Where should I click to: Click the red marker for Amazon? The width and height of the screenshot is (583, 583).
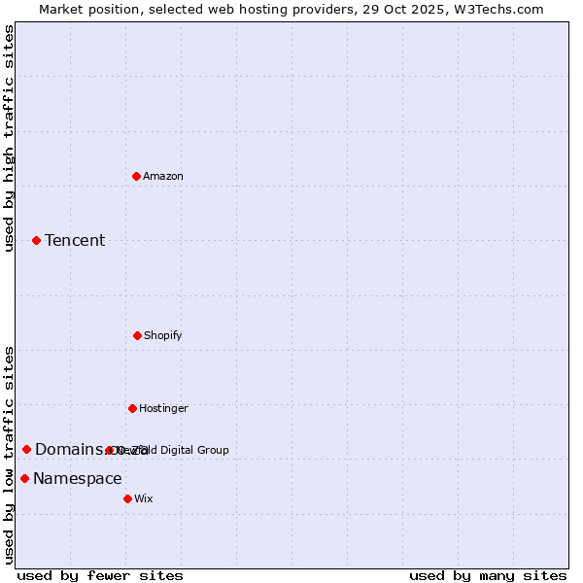(x=136, y=176)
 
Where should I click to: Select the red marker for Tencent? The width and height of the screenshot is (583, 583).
(x=36, y=240)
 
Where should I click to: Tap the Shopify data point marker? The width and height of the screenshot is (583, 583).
(x=137, y=335)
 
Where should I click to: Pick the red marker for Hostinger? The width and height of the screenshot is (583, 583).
(x=132, y=408)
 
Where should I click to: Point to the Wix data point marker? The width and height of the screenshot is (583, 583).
(x=127, y=498)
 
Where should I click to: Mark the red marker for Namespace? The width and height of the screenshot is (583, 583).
(x=24, y=478)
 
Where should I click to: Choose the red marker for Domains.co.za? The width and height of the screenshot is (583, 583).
(x=26, y=449)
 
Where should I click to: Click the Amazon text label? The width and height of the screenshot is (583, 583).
(x=163, y=176)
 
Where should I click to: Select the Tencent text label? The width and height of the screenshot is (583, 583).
(x=75, y=240)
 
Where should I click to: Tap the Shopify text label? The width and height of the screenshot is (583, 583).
(x=163, y=335)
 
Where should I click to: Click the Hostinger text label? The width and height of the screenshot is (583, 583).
(x=163, y=408)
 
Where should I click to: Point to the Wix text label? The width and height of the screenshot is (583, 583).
(x=144, y=498)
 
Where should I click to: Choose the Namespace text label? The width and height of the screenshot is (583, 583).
(x=78, y=478)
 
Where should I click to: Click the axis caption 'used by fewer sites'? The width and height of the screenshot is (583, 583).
(x=100, y=575)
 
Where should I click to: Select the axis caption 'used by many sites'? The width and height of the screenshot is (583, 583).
(x=488, y=575)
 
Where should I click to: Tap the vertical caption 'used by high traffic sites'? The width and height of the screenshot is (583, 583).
(x=9, y=138)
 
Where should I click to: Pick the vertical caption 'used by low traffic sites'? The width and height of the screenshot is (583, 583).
(x=9, y=455)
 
